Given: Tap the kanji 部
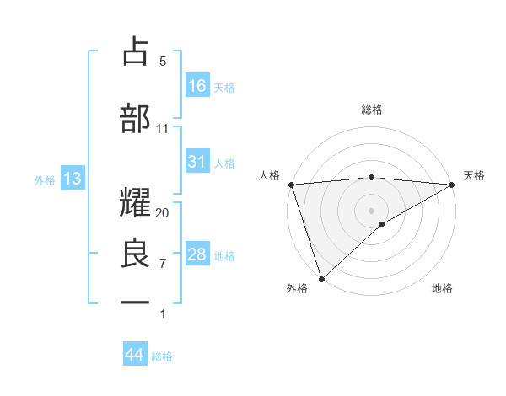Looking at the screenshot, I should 136,118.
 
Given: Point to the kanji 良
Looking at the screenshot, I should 136,252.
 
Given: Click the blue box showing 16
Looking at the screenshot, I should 197,85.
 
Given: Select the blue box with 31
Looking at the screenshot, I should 197,162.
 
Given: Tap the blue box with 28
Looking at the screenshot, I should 197,254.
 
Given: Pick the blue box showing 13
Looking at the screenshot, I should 72,179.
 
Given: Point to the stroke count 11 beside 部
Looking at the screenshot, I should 163,129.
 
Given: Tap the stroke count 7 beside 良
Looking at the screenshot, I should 163,264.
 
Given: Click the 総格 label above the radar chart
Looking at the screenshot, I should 371,110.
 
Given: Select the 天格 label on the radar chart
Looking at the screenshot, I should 475,175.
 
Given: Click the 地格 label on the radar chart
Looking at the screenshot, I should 442,289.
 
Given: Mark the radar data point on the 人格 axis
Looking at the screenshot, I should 291,185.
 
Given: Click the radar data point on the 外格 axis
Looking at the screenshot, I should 321,278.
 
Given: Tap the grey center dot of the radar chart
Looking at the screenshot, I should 371,210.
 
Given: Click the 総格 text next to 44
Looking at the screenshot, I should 162,356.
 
